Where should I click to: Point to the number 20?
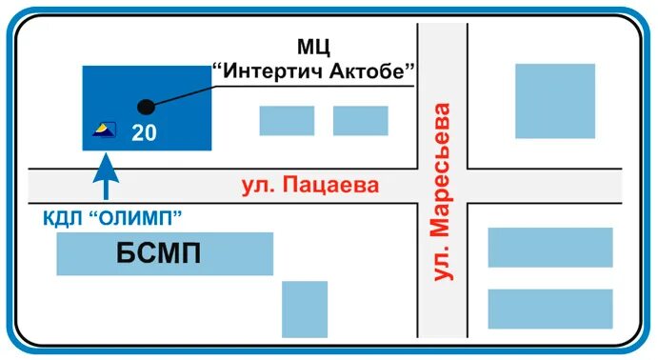point(144,132)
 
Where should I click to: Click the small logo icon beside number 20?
point(104,130)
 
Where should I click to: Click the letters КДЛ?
point(63,218)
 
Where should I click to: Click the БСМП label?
point(164,254)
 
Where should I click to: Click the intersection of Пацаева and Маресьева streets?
point(442,184)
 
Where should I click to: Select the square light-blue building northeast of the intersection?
point(554,101)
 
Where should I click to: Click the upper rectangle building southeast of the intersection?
point(549,247)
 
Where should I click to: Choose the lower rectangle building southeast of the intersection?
point(549,309)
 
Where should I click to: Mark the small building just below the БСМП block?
point(305,308)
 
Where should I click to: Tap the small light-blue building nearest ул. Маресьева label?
point(360,120)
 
